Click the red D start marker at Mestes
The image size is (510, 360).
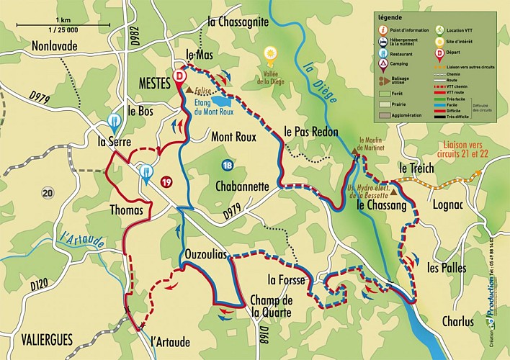click(x=179, y=77)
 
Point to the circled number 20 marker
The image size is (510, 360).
click(x=48, y=192)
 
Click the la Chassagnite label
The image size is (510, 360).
click(x=237, y=22)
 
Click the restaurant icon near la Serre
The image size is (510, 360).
click(x=113, y=121)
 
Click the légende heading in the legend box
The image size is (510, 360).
click(x=391, y=17)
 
